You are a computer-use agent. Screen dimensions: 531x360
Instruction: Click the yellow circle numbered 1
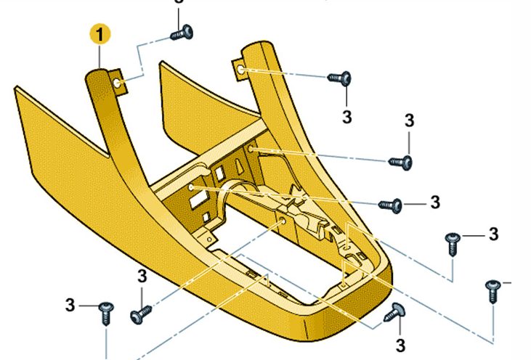coord(100,34)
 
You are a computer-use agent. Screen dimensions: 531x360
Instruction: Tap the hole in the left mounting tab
coord(117,83)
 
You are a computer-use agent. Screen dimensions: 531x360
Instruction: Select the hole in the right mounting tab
coord(240,70)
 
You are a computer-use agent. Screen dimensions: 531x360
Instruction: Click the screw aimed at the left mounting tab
coord(182,33)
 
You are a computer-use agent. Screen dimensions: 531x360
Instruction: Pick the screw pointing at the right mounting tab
coord(339,78)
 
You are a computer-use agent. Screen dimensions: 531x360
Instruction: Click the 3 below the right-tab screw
coord(346,117)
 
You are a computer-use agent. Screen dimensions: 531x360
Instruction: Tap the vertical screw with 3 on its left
coord(106,314)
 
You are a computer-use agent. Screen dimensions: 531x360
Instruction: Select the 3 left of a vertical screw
coord(70,305)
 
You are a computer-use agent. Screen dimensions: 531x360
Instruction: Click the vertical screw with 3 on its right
coord(453,244)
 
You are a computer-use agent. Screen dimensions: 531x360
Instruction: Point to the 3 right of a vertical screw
coord(494,234)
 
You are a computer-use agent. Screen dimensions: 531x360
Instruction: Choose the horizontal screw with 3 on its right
coord(390,205)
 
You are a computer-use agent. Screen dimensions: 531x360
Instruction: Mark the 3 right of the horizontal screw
coord(435,202)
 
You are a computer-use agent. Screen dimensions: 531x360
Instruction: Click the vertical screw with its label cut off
coord(493,291)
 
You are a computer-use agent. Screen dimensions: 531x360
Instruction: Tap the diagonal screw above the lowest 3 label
coord(395,312)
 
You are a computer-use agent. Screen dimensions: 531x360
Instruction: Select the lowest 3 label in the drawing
coord(400,345)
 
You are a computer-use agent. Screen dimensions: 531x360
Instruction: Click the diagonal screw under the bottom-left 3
coord(141,314)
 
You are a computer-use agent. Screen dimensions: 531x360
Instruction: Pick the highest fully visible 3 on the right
coord(410,120)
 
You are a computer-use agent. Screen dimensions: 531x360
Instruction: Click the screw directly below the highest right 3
coord(401,163)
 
